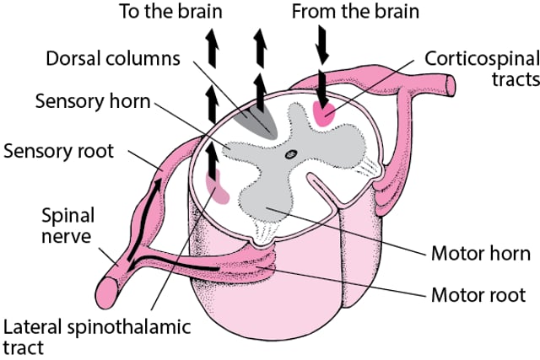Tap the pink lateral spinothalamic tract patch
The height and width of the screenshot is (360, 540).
click(217, 187)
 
